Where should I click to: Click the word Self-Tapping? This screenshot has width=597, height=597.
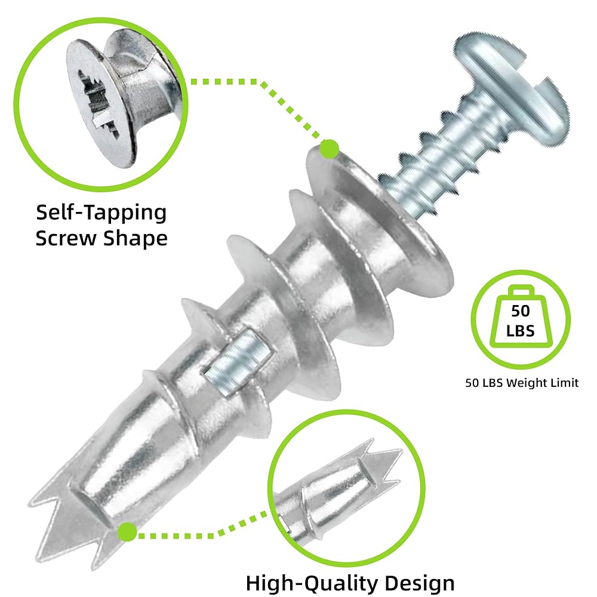click(101, 213)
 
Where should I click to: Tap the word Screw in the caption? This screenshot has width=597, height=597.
click(66, 238)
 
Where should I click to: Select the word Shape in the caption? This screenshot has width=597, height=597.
click(135, 239)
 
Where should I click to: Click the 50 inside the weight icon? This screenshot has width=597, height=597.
click(521, 311)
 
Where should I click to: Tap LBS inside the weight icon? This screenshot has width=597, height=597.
click(521, 331)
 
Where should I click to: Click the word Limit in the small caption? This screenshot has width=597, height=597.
click(563, 383)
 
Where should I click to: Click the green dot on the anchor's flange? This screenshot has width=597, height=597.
click(330, 149)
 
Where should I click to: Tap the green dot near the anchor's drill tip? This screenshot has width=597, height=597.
click(127, 532)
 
